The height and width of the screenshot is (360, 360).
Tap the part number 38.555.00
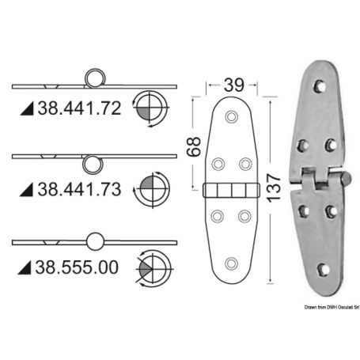pos(78,268)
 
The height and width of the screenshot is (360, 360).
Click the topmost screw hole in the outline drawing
pos(230,117)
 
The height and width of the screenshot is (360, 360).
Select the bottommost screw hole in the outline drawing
pos(230,263)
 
